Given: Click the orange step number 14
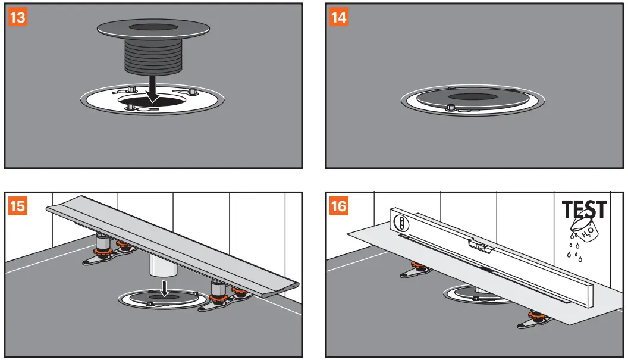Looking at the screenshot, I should tap(338, 17).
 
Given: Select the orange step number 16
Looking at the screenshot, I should tap(338, 207).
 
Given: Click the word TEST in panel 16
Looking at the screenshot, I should tap(585, 210).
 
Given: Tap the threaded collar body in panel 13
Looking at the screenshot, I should tap(153, 57).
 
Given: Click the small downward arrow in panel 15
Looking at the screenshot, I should tap(165, 290).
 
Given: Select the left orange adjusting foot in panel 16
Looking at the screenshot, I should tap(417, 270).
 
